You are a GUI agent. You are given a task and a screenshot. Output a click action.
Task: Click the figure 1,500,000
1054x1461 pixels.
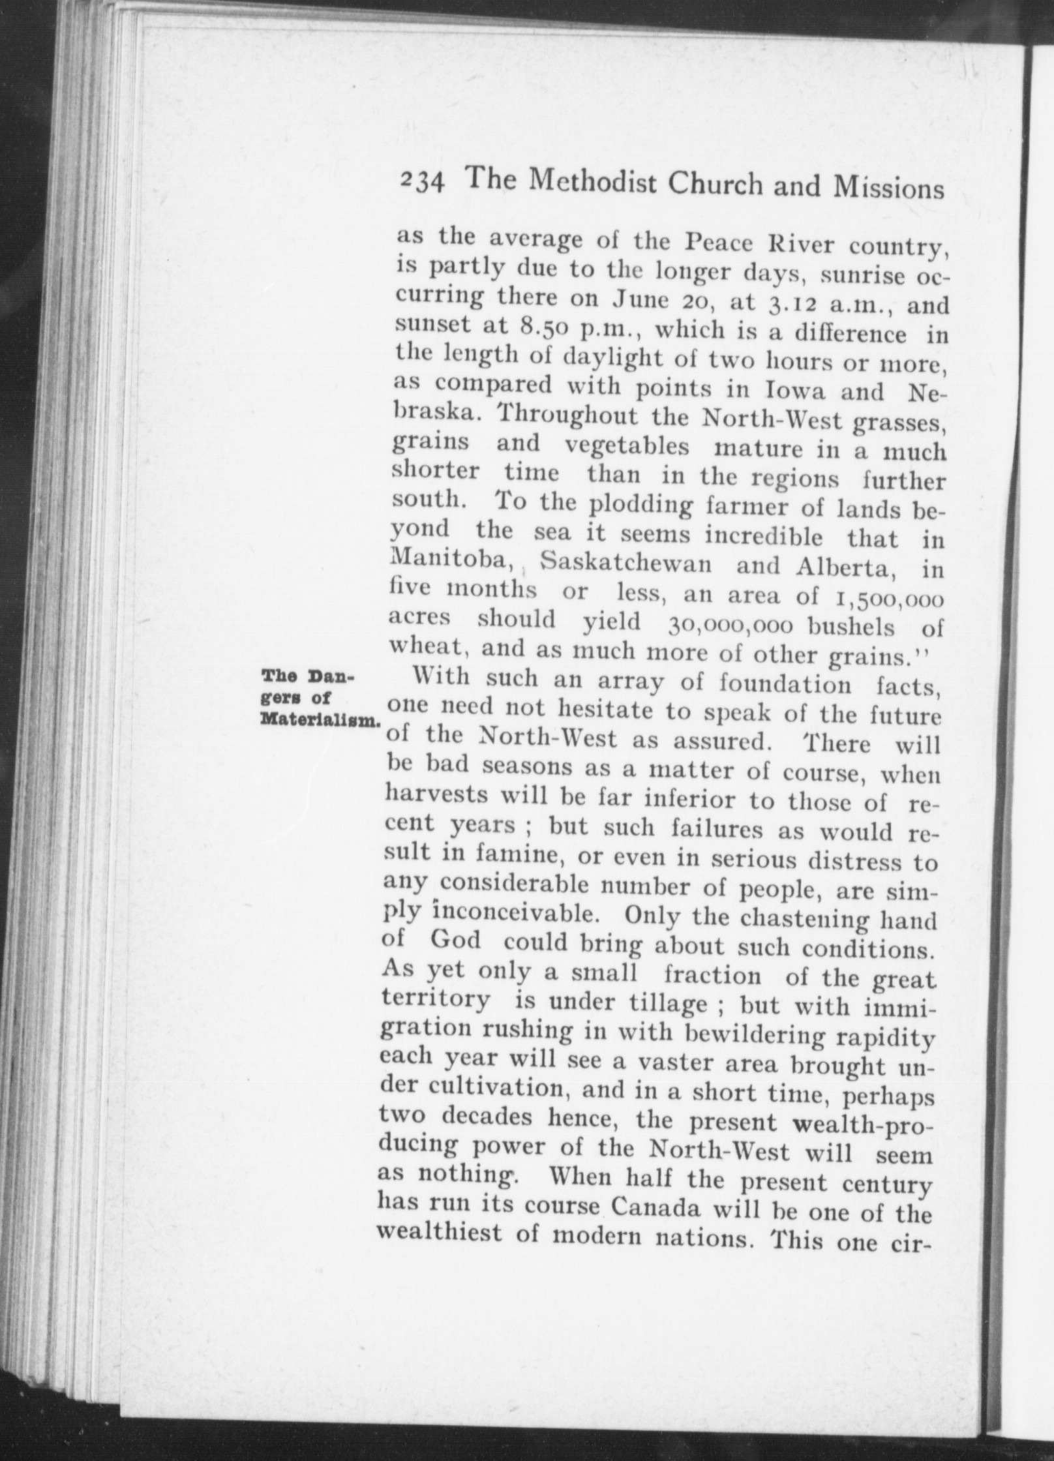coord(884,598)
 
